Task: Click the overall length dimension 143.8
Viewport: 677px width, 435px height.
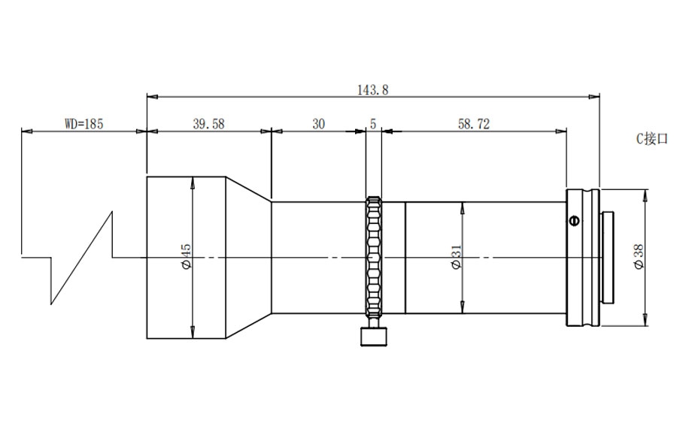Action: pyautogui.click(x=372, y=89)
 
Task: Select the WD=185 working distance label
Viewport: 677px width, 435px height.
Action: pyautogui.click(x=84, y=124)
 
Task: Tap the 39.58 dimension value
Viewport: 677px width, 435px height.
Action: pyautogui.click(x=208, y=124)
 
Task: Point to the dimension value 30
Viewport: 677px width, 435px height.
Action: pyautogui.click(x=318, y=124)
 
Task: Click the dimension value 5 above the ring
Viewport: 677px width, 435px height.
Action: pyautogui.click(x=373, y=124)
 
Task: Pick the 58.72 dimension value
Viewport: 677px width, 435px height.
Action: pyautogui.click(x=474, y=124)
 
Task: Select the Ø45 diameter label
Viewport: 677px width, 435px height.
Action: pyautogui.click(x=186, y=257)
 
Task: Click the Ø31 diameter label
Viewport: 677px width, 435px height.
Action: pyautogui.click(x=457, y=257)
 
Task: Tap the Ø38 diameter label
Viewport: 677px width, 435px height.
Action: pyautogui.click(x=639, y=257)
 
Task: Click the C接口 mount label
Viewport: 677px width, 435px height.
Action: pyautogui.click(x=652, y=139)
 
